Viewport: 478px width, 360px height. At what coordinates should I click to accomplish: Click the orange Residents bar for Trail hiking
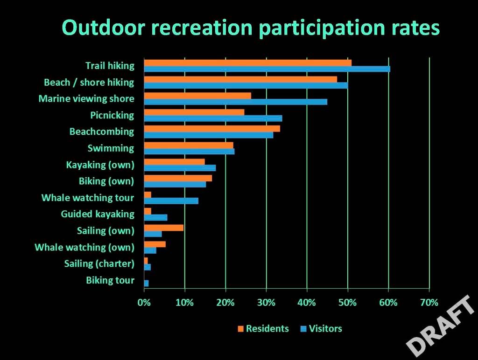(x=247, y=63)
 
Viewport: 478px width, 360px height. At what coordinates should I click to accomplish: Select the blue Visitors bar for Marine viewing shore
(x=235, y=102)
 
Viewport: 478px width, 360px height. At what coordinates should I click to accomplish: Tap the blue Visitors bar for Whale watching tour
(x=171, y=201)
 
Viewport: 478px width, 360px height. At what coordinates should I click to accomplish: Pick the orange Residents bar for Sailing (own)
(x=163, y=228)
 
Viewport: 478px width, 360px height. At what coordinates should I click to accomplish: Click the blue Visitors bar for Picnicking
(x=213, y=118)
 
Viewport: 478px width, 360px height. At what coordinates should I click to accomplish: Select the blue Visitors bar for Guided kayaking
(x=155, y=217)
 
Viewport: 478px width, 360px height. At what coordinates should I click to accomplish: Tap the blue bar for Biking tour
(x=146, y=283)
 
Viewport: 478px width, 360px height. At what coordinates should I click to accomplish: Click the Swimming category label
(x=111, y=148)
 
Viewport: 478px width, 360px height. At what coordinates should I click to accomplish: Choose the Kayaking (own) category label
(x=100, y=165)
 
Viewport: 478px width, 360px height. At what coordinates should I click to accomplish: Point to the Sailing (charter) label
(x=99, y=264)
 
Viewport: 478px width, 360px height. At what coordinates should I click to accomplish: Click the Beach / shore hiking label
(x=89, y=83)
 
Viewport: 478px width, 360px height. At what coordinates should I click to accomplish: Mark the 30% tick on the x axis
(x=266, y=302)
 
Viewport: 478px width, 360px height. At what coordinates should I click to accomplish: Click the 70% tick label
(x=429, y=302)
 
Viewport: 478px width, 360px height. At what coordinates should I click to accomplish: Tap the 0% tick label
(x=144, y=302)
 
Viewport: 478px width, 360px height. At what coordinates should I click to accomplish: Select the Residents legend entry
(x=263, y=329)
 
